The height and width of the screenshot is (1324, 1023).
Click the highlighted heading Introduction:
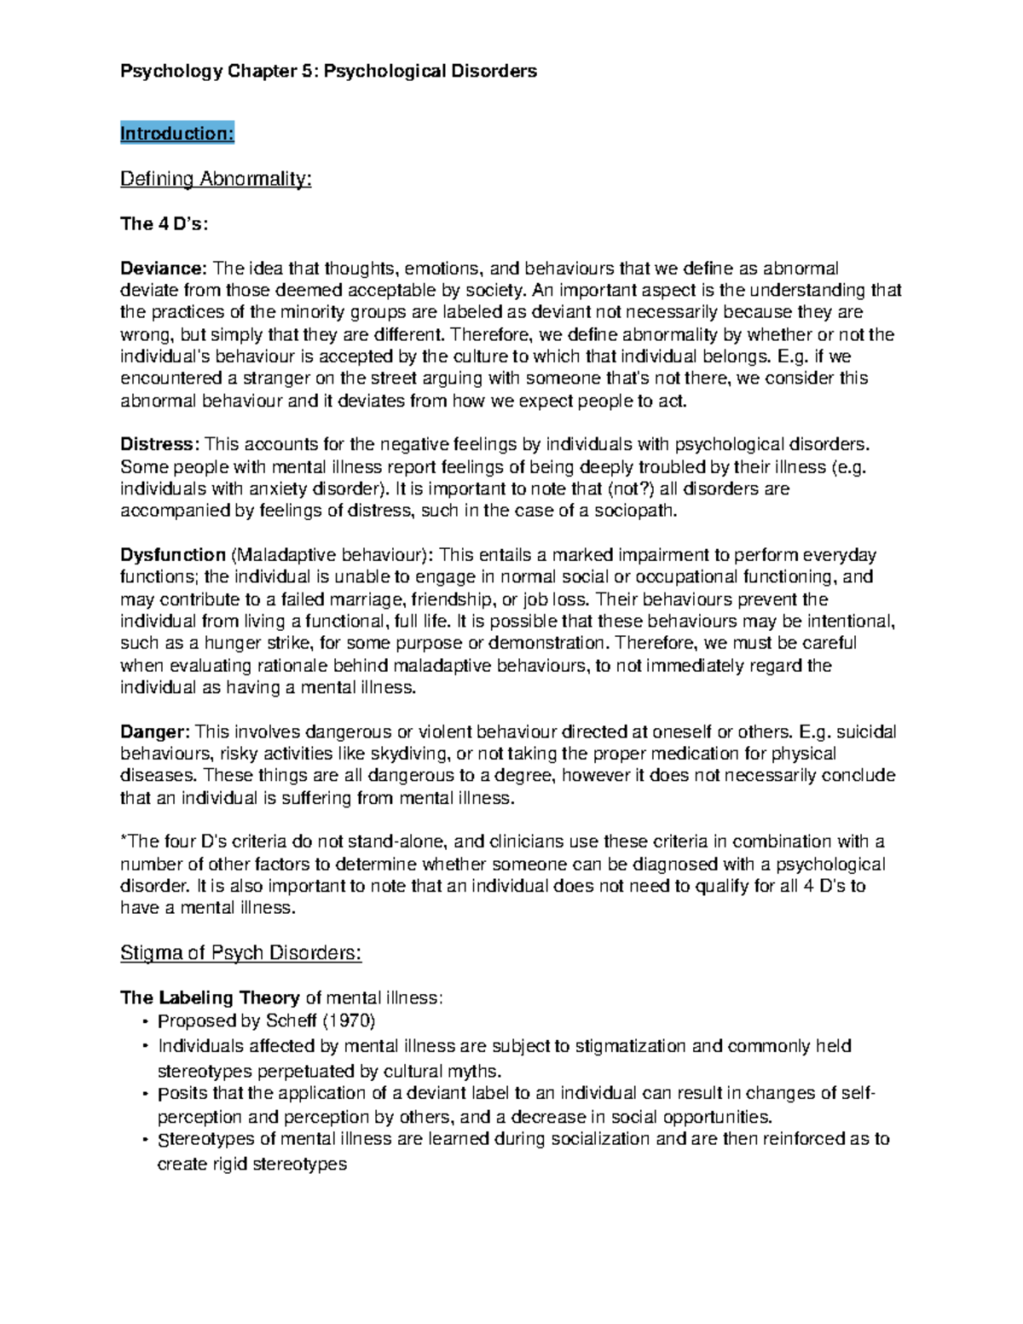click(176, 133)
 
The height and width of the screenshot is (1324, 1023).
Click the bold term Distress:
click(160, 444)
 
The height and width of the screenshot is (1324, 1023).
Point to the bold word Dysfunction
click(173, 555)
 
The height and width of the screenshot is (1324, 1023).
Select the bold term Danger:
click(155, 731)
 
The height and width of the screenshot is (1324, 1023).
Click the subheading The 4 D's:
click(164, 223)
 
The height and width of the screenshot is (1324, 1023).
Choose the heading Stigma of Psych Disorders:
click(241, 952)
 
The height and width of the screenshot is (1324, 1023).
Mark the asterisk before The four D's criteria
click(124, 841)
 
